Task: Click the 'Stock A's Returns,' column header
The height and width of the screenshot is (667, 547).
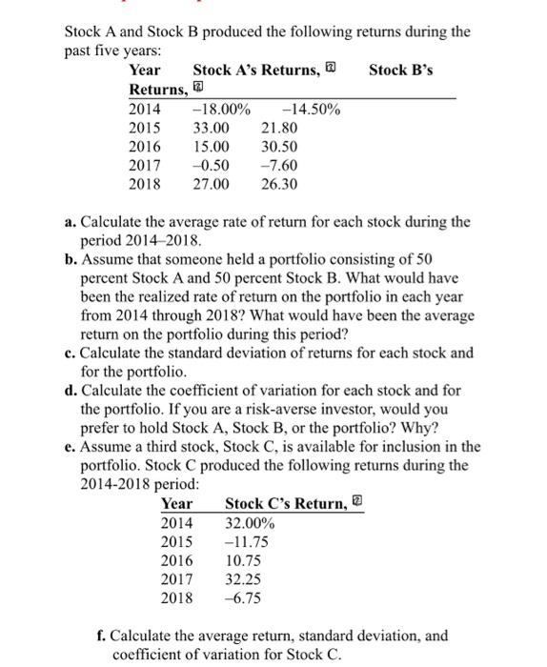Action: (x=255, y=70)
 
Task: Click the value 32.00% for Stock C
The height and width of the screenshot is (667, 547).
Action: (x=250, y=523)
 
